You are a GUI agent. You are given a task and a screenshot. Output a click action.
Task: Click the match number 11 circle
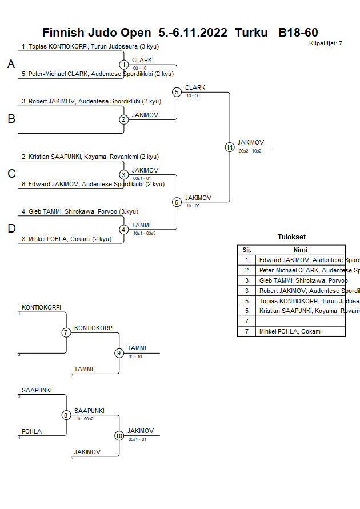point(230,147)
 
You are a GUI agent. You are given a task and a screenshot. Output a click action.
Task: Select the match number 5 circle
point(177,91)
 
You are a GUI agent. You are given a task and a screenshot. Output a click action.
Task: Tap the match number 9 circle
point(119,353)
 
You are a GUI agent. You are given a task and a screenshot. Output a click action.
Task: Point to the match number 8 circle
point(66,415)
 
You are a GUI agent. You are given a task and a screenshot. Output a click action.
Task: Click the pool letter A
point(11,65)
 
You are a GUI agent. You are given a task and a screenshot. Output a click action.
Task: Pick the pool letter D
point(11,229)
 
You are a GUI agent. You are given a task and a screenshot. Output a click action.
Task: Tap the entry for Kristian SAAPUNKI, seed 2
point(90,157)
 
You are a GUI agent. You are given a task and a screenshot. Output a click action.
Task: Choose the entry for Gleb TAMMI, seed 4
point(79,211)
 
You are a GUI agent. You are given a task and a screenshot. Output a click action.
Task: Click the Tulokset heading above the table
point(291,237)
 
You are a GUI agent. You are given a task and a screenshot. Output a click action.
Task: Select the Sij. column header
point(247,250)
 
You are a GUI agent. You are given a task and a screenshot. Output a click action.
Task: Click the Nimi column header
point(301,250)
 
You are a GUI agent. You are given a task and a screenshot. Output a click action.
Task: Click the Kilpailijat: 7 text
point(326,43)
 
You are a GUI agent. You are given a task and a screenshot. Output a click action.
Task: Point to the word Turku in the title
point(251,33)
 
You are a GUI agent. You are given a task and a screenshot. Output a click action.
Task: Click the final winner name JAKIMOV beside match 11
point(251,142)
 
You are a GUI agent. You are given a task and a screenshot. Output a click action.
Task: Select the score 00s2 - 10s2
point(250,151)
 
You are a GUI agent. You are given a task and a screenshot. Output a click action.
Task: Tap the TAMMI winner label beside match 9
point(137,348)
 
